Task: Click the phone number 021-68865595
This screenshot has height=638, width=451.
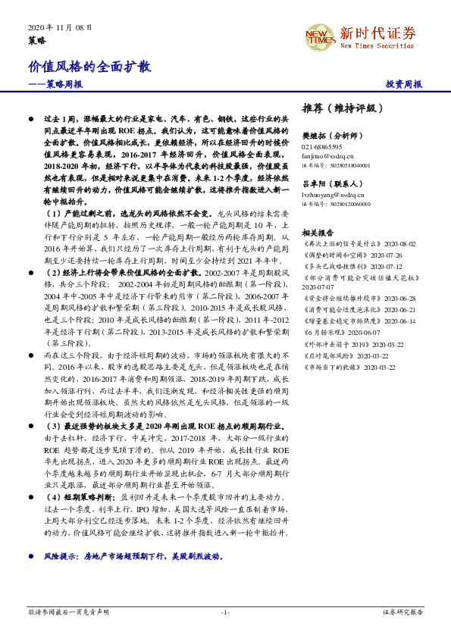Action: tap(322, 146)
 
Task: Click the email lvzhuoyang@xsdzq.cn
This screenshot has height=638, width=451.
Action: tap(330, 195)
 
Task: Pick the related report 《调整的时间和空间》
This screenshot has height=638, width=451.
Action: tap(334, 255)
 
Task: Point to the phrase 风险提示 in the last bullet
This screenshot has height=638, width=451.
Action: tap(61, 556)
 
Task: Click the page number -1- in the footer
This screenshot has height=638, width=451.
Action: tap(225, 611)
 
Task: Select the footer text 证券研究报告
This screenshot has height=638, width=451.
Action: tap(402, 611)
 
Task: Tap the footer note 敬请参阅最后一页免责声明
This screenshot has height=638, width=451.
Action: tap(68, 611)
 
